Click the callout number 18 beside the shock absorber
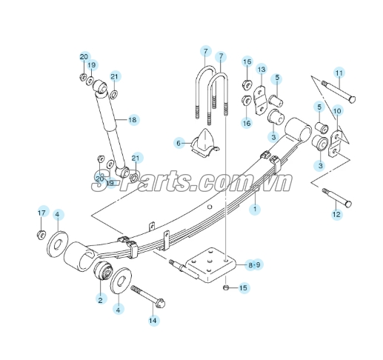133,120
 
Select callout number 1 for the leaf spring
255,209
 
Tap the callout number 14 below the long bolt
153,321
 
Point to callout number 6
179,143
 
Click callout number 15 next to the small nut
243,287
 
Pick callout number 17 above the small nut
41,213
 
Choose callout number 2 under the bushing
100,300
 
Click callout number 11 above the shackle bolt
339,73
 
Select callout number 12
336,214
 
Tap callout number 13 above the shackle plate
262,70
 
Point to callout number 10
337,110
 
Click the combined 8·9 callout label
254,265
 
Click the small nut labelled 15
225,287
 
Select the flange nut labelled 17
41,234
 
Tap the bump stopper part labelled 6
205,143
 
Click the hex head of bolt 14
160,303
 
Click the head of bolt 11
352,99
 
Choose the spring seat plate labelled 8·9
210,264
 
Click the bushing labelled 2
103,270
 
